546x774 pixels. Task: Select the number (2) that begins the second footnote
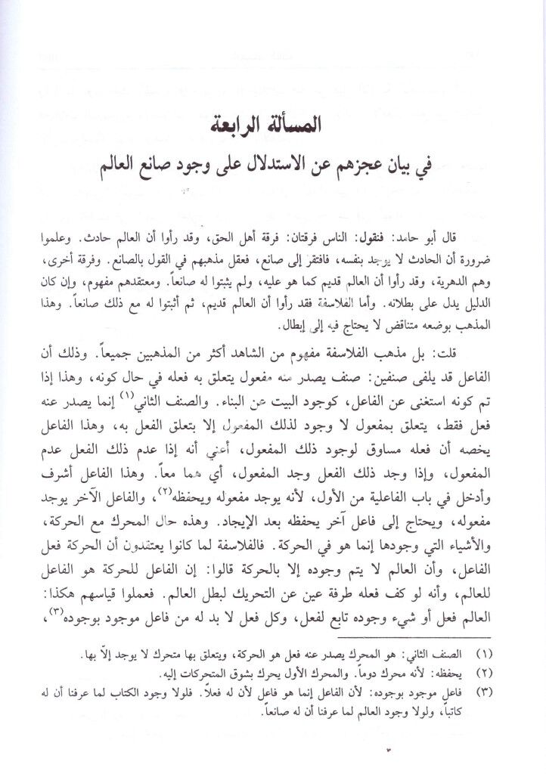point(506,651)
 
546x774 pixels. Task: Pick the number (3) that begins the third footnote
point(506,670)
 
